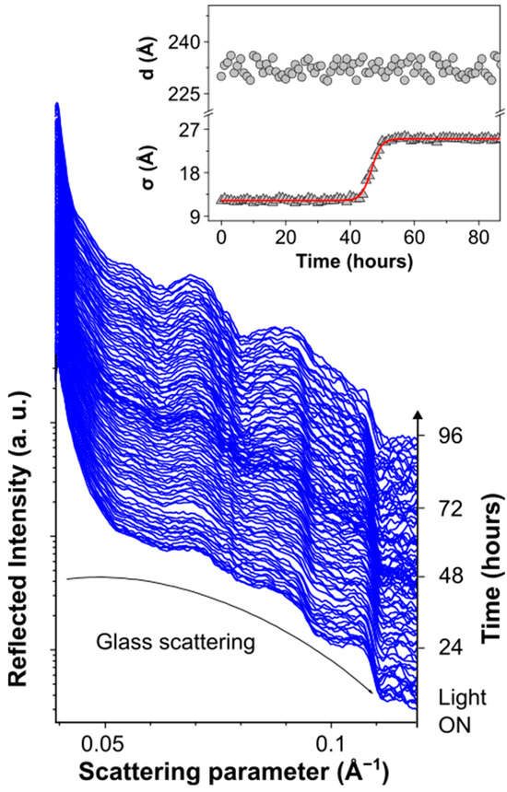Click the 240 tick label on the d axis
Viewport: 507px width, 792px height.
pyautogui.click(x=182, y=41)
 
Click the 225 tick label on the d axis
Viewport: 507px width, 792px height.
pyautogui.click(x=182, y=92)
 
